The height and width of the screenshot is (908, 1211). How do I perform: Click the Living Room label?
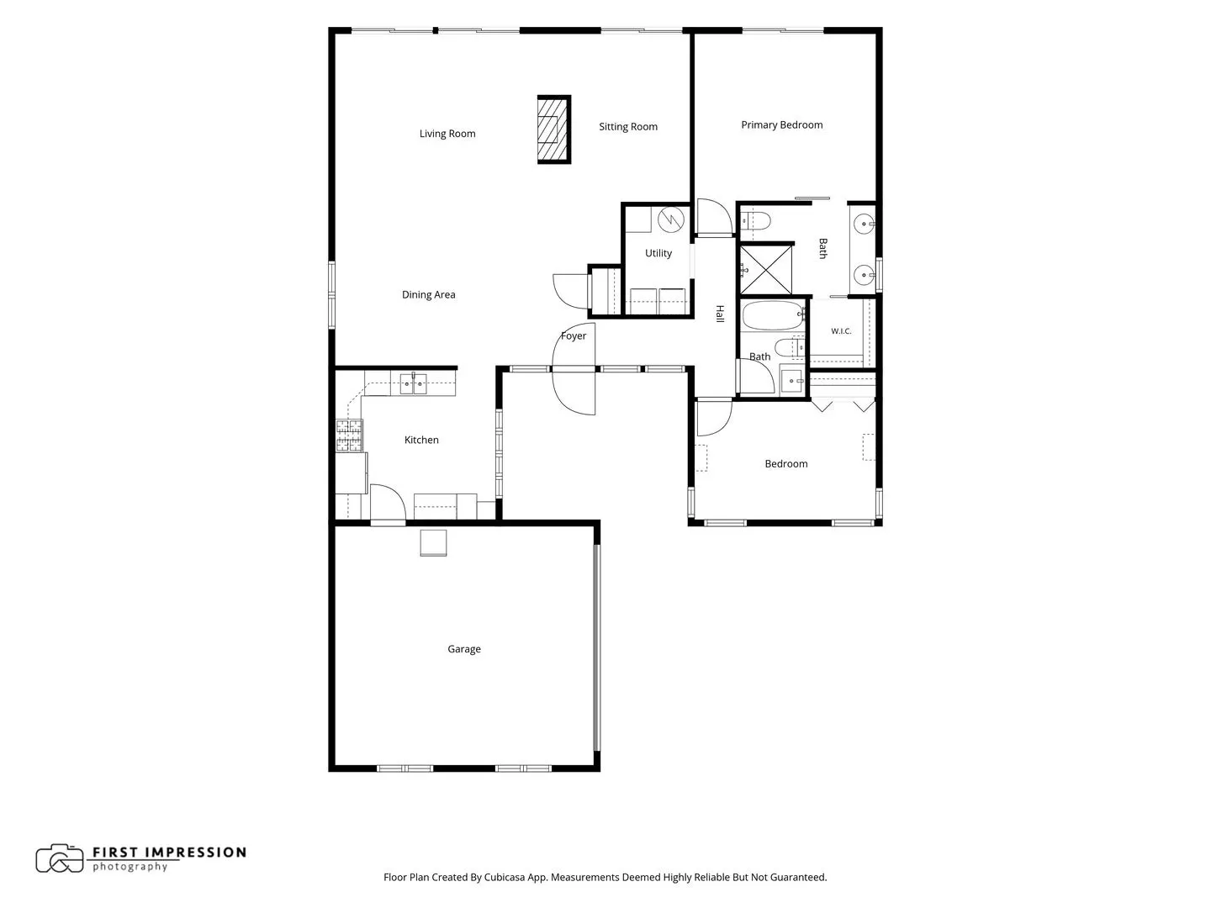pos(447,134)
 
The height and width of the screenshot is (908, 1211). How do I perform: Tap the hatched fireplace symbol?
pos(553,129)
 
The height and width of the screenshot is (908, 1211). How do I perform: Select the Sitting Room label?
pos(628,127)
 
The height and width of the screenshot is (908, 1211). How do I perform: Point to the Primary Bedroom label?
pos(781,125)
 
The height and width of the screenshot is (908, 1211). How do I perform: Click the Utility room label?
pos(658,253)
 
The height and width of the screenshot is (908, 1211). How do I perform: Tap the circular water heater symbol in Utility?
pos(671,219)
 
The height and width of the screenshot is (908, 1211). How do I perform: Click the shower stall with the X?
pos(765,270)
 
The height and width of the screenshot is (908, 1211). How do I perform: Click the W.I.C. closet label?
pos(841,331)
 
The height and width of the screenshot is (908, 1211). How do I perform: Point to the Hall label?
pos(719,314)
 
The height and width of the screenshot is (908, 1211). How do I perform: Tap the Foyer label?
pos(574,335)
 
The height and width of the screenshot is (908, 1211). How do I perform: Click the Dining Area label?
pos(428,294)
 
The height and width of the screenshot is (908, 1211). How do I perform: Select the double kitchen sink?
pos(413,383)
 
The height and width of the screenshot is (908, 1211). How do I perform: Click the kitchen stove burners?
pos(349,436)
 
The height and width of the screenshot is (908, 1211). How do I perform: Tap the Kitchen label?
pos(421,440)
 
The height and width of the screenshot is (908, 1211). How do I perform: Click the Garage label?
pos(463,649)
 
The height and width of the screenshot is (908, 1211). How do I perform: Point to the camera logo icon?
pos(60,858)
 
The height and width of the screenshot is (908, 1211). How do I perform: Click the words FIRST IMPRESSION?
pos(169,853)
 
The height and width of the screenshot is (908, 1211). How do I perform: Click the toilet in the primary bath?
pos(756,221)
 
